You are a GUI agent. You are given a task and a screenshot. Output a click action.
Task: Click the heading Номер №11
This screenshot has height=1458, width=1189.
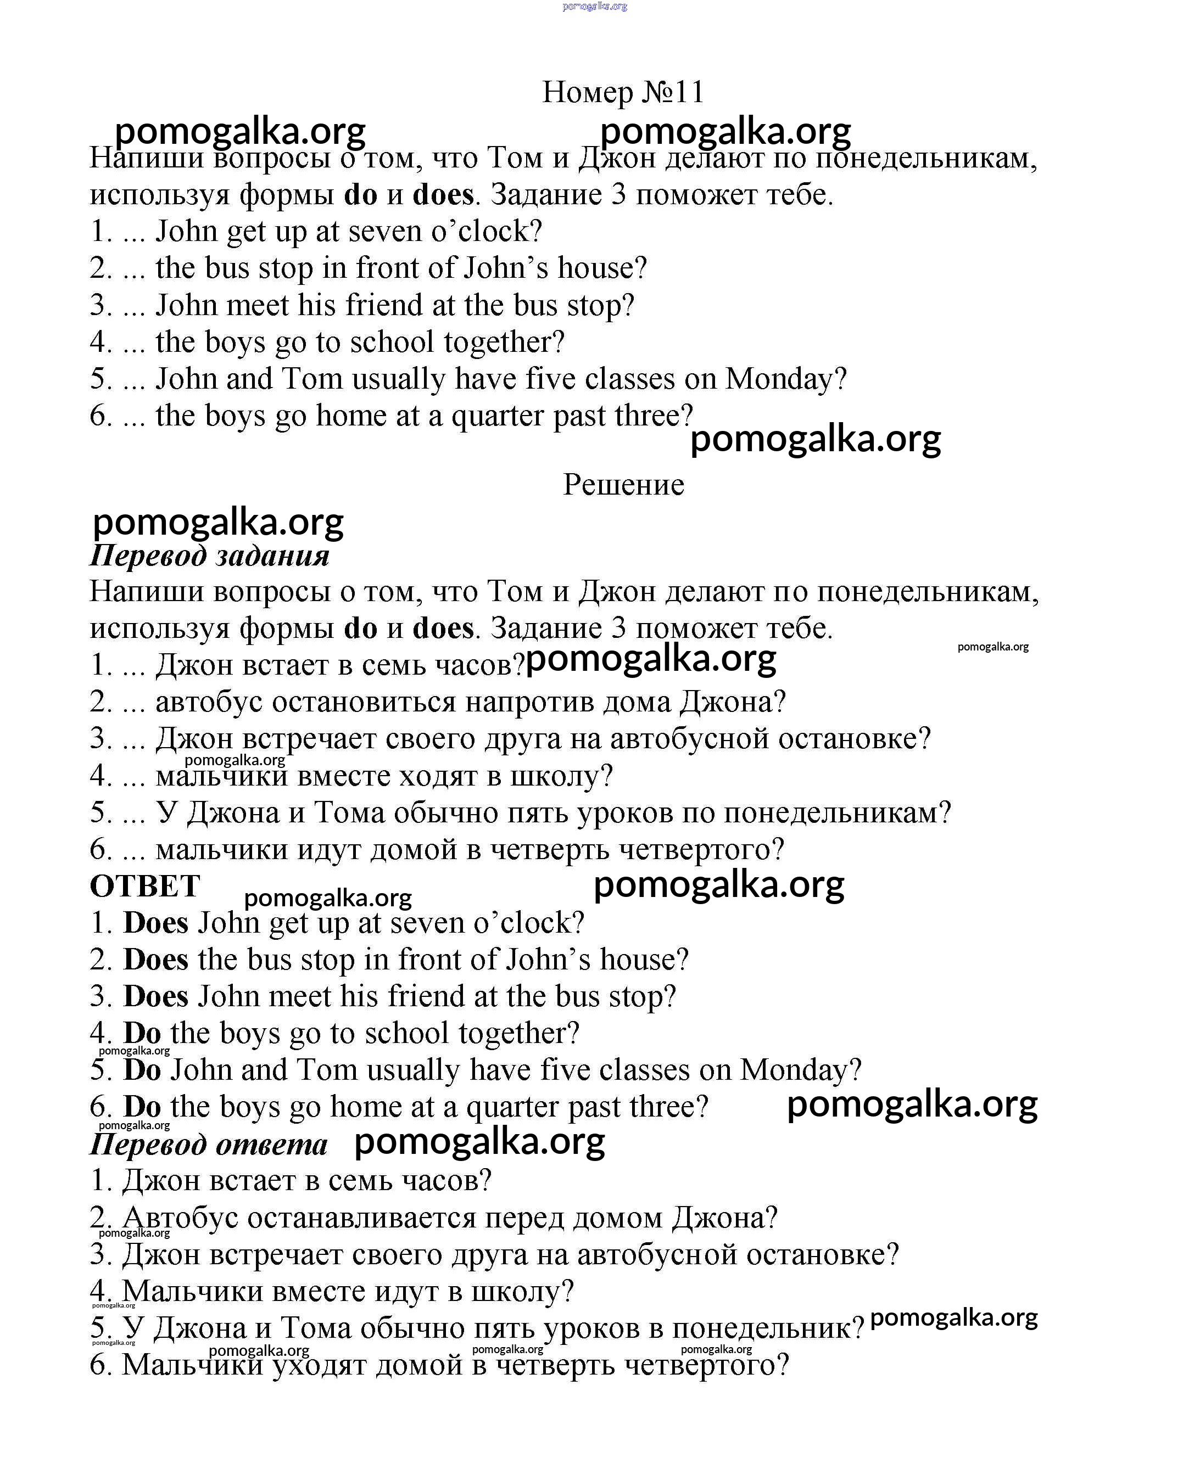coord(623,92)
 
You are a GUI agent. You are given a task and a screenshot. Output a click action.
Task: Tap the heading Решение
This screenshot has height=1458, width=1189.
coord(623,485)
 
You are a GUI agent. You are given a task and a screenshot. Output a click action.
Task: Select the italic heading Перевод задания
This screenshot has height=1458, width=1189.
coord(210,555)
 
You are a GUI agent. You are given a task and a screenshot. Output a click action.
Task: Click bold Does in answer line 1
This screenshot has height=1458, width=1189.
coord(155,923)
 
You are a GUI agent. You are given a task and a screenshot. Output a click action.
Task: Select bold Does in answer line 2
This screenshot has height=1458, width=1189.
coord(155,960)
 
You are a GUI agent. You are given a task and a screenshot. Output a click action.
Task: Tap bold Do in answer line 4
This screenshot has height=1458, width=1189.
coord(142,1033)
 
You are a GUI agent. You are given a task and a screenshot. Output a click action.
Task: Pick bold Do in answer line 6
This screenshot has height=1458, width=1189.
coord(142,1107)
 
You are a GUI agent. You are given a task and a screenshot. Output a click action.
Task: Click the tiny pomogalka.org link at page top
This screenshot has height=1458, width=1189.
coord(594,6)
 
